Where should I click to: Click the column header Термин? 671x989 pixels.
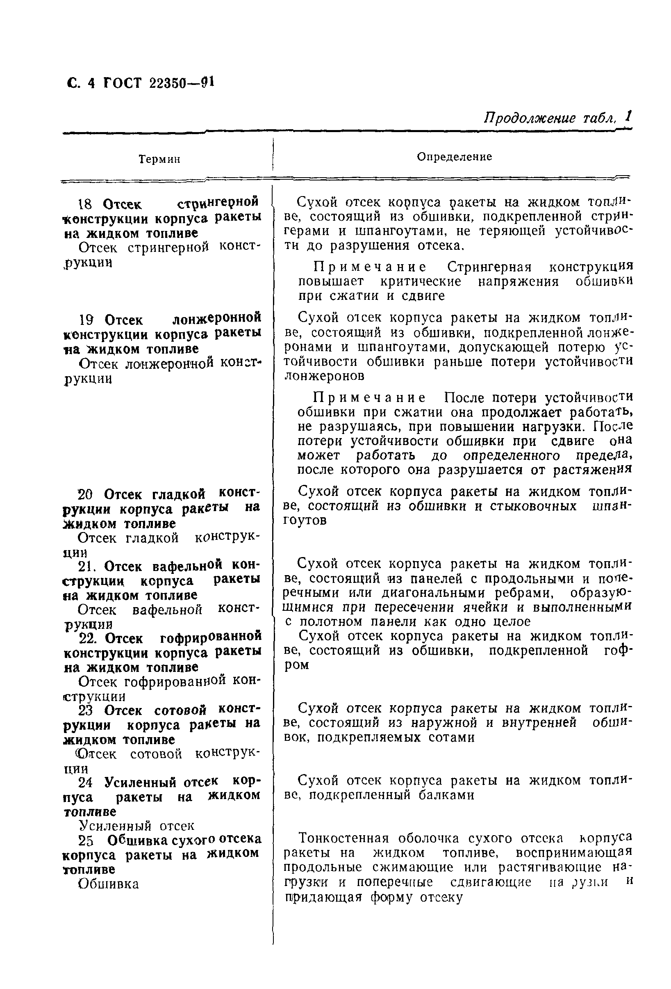(159, 159)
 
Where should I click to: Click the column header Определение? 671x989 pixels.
(454, 157)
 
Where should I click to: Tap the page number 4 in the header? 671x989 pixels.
(91, 82)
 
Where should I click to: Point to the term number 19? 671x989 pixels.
(86, 320)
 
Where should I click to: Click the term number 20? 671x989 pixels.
(86, 495)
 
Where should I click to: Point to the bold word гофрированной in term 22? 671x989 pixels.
(211, 638)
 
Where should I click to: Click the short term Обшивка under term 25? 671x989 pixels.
(109, 884)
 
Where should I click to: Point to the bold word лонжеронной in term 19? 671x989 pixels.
(217, 318)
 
